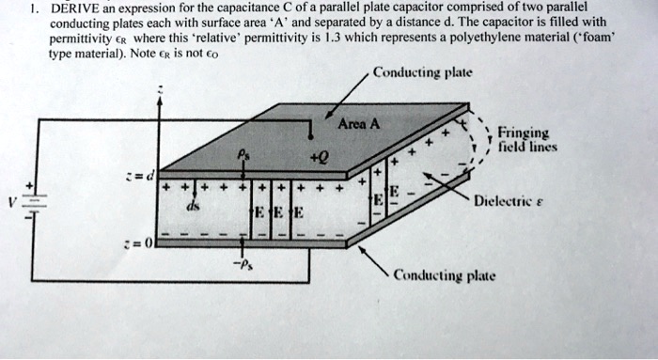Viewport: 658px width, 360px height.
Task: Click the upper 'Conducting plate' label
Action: pos(422,72)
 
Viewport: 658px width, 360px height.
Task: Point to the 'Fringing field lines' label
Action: pos(530,140)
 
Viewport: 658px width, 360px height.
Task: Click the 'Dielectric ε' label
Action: pos(515,200)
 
